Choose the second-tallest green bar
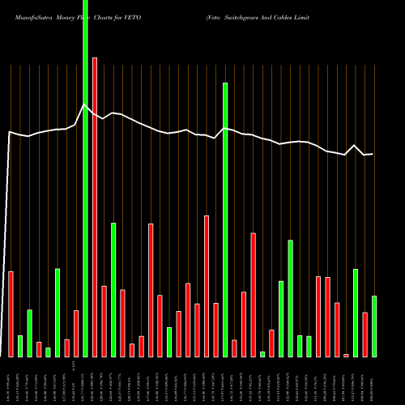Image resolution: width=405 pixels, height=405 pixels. click(225, 220)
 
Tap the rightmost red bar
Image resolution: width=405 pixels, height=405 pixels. click(364, 334)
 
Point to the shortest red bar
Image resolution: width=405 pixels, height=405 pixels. click(346, 355)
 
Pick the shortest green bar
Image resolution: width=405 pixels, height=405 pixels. click(262, 354)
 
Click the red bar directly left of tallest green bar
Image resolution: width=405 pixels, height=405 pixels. click(76, 333)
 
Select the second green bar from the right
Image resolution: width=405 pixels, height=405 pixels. click(356, 313)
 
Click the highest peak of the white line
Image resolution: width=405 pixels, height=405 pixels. click(83, 104)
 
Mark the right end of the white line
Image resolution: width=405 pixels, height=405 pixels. click(373, 154)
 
